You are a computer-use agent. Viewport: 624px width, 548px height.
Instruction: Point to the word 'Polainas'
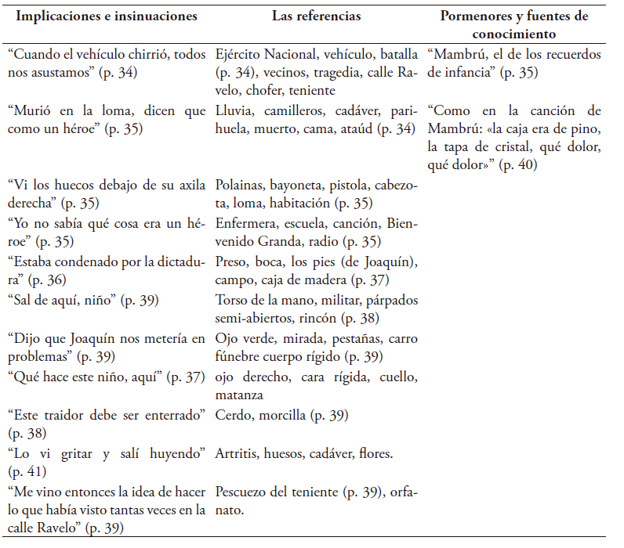pos(238,186)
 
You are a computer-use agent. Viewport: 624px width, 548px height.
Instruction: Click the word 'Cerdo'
pos(232,414)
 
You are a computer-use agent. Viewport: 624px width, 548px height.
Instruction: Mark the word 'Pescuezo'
pos(242,492)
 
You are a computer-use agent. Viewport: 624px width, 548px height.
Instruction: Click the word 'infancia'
pos(466,74)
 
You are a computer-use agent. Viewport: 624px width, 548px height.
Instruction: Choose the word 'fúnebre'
pos(238,356)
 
